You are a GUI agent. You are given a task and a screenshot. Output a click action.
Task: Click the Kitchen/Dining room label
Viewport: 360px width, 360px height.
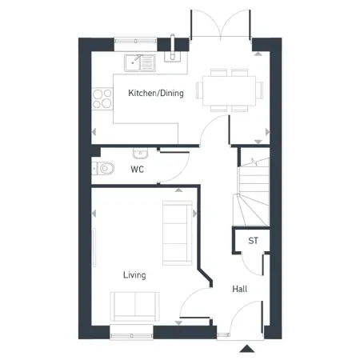[x=156, y=93]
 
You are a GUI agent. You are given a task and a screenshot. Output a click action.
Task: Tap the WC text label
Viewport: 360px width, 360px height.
[x=138, y=170]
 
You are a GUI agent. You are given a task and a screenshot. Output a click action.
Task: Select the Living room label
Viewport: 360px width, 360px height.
[x=134, y=275]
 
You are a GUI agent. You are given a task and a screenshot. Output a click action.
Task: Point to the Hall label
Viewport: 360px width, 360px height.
[x=239, y=289]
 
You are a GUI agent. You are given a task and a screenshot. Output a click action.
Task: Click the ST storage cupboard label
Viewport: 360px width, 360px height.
[x=253, y=241]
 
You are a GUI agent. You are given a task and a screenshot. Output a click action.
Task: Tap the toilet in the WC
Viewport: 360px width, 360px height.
[x=103, y=168]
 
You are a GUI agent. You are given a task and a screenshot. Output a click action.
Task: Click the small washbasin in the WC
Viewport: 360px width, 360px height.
[x=140, y=154]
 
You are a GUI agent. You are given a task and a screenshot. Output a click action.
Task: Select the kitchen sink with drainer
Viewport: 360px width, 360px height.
[x=140, y=63]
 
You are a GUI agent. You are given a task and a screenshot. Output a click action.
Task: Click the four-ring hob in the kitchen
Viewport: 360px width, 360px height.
[x=102, y=99]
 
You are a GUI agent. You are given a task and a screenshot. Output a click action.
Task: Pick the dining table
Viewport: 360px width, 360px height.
[x=230, y=90]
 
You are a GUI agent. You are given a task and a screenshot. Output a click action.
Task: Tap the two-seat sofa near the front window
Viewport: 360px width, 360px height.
[x=135, y=306]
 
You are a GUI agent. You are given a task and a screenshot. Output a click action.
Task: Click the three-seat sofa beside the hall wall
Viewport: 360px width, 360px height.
[x=178, y=233]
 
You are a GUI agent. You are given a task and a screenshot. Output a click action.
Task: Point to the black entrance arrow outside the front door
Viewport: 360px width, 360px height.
[x=247, y=349]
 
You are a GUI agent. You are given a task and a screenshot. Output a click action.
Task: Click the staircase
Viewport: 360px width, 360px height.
[x=251, y=192]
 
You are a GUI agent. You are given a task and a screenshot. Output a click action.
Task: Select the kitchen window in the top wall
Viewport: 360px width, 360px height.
[x=135, y=41]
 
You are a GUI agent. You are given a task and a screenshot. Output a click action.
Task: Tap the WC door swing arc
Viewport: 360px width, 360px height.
[x=182, y=174]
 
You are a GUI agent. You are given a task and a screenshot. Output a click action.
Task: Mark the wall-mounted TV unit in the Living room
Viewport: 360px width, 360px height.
[x=94, y=247]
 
